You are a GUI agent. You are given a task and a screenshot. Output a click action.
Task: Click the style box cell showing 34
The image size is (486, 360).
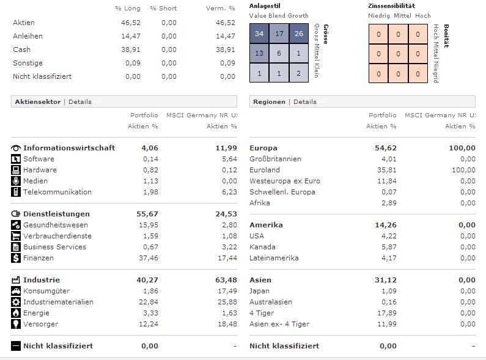(x=259, y=34)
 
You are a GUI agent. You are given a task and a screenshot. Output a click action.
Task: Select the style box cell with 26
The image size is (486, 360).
(x=298, y=34)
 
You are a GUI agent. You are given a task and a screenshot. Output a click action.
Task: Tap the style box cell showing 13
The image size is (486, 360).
(x=259, y=53)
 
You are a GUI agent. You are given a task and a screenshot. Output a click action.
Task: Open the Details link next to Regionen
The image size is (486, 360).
(x=304, y=102)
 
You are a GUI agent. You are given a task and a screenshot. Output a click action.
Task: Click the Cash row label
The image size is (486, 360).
(x=21, y=50)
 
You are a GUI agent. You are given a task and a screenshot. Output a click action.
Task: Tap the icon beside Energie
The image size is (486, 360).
(x=16, y=313)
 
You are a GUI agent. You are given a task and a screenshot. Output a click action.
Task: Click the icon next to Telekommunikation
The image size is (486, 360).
(x=16, y=192)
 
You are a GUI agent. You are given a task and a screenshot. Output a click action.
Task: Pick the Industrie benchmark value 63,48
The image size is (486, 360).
(x=227, y=280)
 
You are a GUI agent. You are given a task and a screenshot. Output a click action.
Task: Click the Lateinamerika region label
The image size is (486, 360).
(x=274, y=258)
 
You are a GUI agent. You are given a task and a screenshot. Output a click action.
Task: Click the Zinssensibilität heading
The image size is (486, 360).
(x=392, y=6)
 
